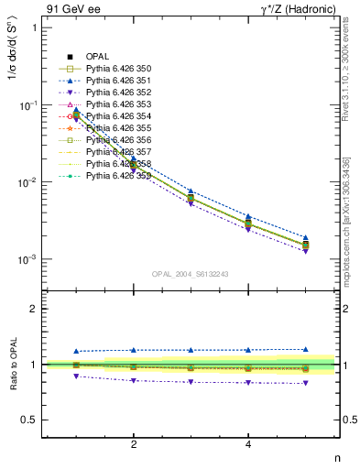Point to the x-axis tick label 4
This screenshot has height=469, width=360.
[248, 444]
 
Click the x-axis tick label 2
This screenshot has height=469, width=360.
[134, 444]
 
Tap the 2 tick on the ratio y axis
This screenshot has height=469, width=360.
[34, 309]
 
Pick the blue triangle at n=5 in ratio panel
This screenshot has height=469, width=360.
[306, 349]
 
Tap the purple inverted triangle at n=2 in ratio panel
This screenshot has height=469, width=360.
[134, 380]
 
